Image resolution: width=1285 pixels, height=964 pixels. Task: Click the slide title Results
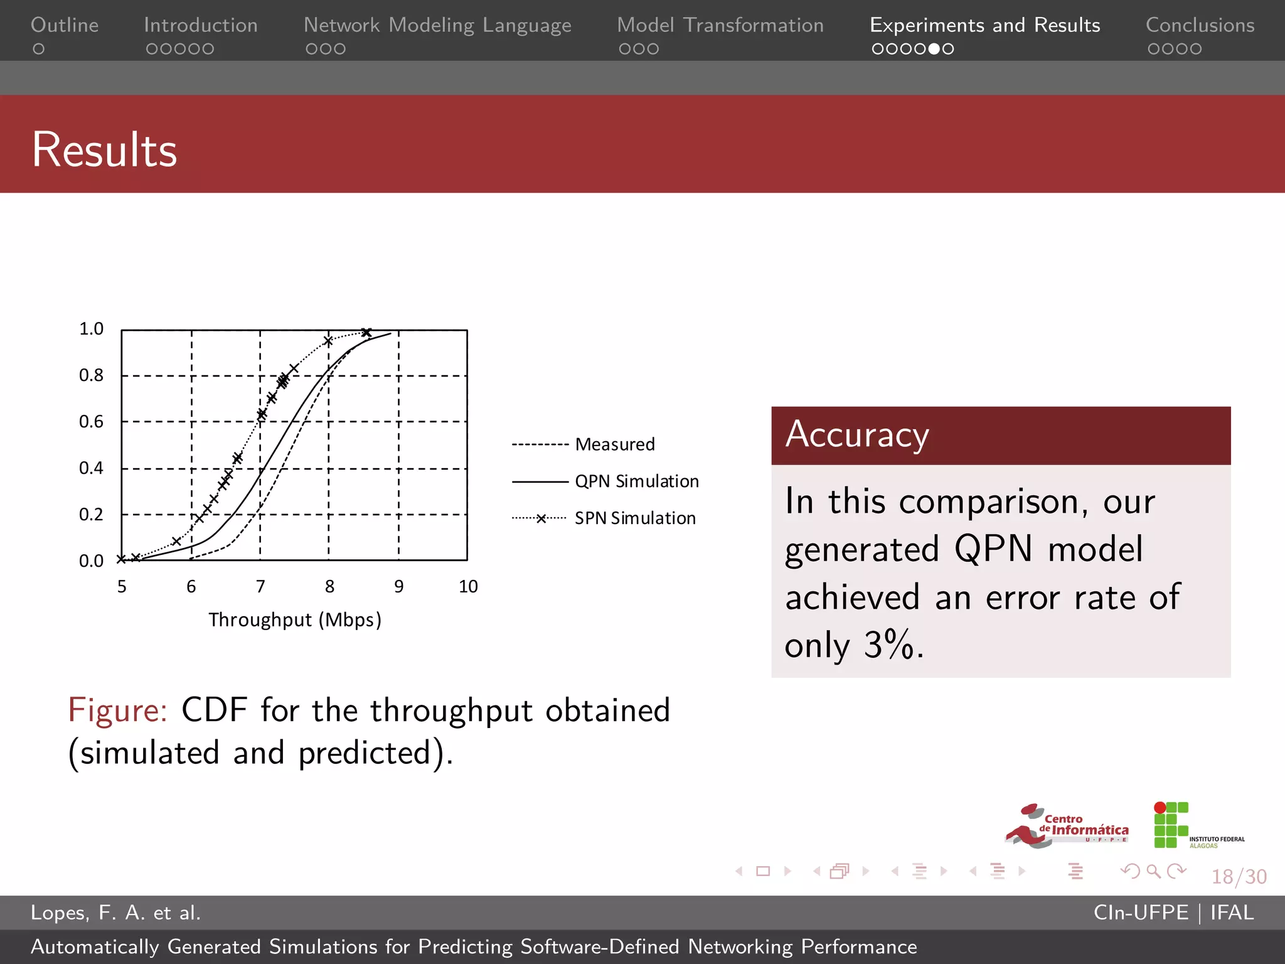[x=104, y=149]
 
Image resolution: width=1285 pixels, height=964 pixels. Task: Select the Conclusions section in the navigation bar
[x=1200, y=25]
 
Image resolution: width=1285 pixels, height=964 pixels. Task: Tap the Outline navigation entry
[x=65, y=25]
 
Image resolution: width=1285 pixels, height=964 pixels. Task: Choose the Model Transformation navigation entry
[x=720, y=25]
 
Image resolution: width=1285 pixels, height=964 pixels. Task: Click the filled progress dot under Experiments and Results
[x=934, y=49]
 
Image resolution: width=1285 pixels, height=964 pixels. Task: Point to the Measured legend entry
[x=614, y=444]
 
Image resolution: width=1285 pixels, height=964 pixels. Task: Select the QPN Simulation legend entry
[x=636, y=481]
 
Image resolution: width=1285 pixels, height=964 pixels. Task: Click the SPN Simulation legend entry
[x=635, y=518]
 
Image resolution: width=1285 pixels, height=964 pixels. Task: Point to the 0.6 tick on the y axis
[x=92, y=422]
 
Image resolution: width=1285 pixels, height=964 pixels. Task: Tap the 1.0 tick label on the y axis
[x=92, y=329]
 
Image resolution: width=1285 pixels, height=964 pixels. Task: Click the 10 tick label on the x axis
[x=468, y=587]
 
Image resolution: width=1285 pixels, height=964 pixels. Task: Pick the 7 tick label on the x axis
[x=260, y=587]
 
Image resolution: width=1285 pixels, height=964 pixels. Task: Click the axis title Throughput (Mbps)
[x=295, y=620]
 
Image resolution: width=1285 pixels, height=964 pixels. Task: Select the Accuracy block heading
[x=857, y=434]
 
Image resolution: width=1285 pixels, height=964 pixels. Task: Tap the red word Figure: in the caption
[x=117, y=710]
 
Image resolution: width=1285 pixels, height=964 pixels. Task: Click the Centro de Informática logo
[x=1067, y=826]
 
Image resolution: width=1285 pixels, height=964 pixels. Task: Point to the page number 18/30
[x=1239, y=877]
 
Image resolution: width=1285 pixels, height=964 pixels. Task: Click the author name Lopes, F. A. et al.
[x=115, y=913]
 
